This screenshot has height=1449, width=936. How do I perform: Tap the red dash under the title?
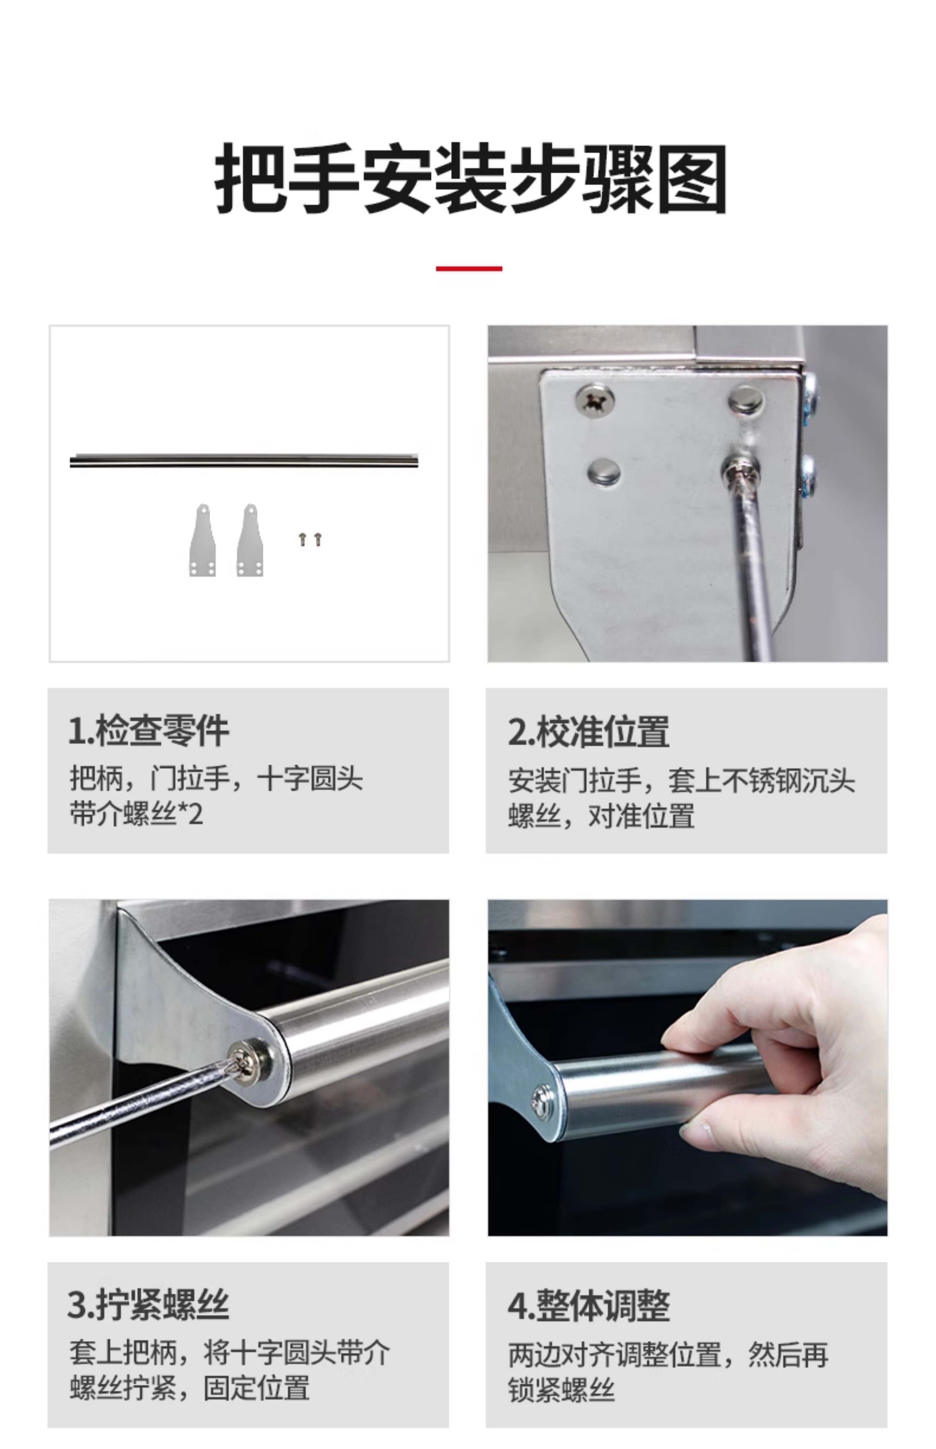click(469, 268)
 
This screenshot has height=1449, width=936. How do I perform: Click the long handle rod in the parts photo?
click(244, 460)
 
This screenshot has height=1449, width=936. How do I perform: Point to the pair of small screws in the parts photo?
click(310, 539)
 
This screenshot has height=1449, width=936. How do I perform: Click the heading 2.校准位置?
click(588, 731)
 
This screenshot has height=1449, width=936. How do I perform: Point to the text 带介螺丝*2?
click(136, 814)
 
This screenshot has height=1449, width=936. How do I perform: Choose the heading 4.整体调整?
click(588, 1304)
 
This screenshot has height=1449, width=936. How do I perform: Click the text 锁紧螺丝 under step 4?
click(561, 1389)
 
